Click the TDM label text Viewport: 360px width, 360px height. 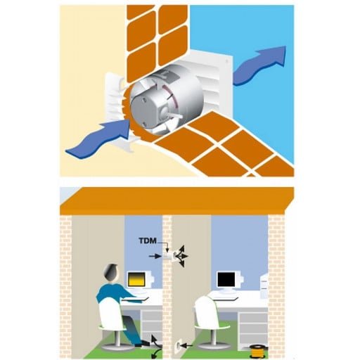click(148, 240)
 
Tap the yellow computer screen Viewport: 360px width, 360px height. click(135, 279)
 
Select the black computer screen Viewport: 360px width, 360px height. click(226, 279)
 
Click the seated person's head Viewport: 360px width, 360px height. click(111, 273)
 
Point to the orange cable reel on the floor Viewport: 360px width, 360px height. click(258, 351)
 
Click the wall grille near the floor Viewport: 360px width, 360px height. click(179, 347)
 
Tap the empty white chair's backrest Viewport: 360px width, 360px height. click(206, 309)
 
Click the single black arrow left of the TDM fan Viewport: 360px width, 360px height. click(155, 256)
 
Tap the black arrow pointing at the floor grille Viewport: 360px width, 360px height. click(188, 345)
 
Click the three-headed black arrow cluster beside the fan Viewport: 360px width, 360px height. click(182, 257)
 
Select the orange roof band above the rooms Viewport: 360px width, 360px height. click(177, 201)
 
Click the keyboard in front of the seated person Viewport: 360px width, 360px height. click(134, 299)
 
